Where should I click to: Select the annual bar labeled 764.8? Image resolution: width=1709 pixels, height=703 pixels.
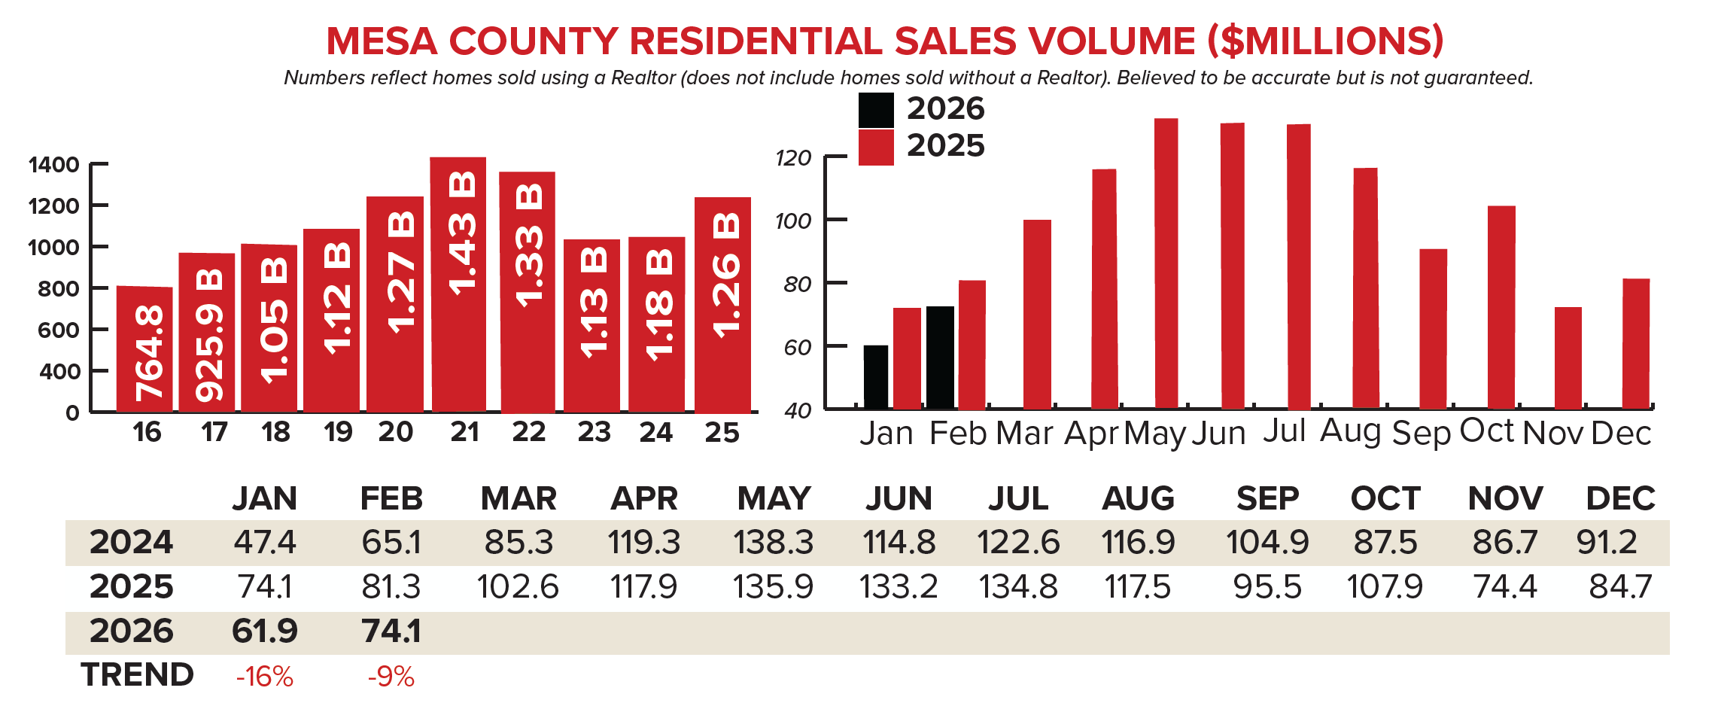[144, 349]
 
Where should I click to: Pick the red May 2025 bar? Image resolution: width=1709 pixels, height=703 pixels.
[1166, 263]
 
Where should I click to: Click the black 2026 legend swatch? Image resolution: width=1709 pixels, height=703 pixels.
[876, 110]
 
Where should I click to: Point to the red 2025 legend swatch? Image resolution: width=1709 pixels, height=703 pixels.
[876, 147]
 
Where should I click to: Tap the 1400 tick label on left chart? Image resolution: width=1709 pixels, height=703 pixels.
[53, 165]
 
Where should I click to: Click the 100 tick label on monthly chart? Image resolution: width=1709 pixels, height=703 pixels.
[793, 221]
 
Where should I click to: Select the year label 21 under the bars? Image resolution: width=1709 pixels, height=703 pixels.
[464, 432]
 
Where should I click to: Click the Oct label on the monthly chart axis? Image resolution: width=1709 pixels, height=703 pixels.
[1486, 431]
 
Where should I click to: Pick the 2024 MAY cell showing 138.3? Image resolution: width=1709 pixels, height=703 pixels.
[773, 543]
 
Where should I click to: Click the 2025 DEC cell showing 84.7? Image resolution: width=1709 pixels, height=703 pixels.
[1619, 587]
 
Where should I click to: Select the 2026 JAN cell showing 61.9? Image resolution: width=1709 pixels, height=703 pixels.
[264, 631]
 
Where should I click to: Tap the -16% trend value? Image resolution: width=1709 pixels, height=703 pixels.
[264, 677]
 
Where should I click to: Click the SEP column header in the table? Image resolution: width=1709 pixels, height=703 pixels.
[1267, 498]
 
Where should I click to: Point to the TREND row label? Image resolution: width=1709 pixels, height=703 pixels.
[137, 674]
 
